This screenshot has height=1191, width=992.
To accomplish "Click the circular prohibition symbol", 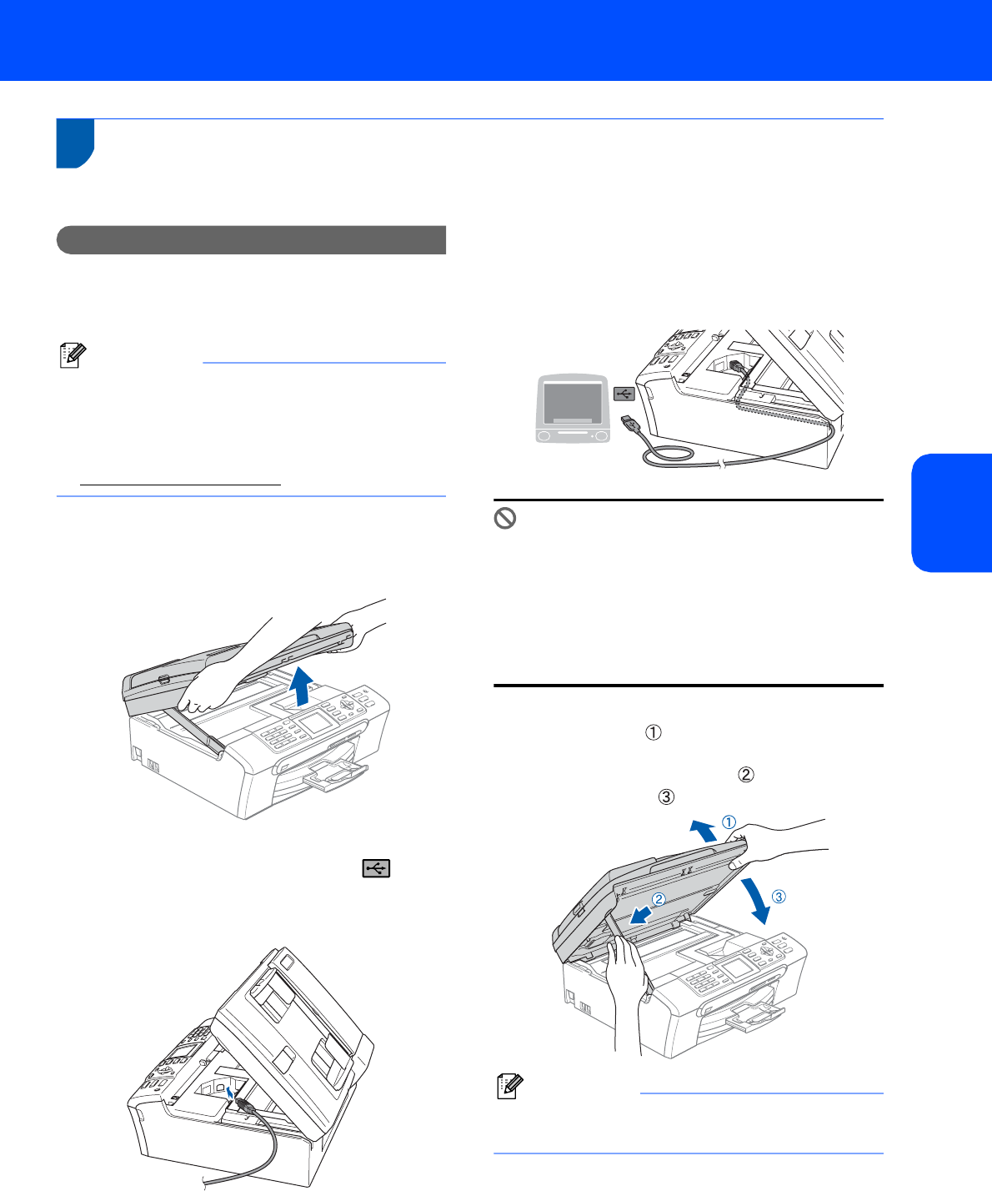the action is (x=504, y=518).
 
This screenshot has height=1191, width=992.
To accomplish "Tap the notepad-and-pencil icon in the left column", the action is (x=73, y=355).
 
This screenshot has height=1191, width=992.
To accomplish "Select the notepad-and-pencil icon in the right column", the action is (x=510, y=1086).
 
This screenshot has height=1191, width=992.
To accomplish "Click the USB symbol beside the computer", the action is (x=624, y=394).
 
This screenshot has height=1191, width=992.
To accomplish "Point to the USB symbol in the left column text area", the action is (x=376, y=868).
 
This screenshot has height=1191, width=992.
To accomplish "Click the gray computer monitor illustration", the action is (x=573, y=409).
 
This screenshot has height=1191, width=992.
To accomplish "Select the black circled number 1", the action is (x=654, y=732).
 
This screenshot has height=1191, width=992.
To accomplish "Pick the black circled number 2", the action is (x=746, y=775).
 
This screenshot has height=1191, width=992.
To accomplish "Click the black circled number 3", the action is (x=666, y=797).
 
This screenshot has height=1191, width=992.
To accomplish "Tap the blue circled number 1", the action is (x=729, y=822).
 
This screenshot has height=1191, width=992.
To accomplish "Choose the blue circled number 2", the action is (x=659, y=900).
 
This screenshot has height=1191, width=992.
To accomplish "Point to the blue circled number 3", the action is (x=779, y=897).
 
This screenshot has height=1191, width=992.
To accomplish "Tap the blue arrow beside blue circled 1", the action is (x=704, y=831).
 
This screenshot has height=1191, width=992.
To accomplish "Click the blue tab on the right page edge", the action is (x=951, y=513).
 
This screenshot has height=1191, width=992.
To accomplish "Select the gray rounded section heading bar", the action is (x=251, y=240).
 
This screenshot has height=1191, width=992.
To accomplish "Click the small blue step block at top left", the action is (x=75, y=143).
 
